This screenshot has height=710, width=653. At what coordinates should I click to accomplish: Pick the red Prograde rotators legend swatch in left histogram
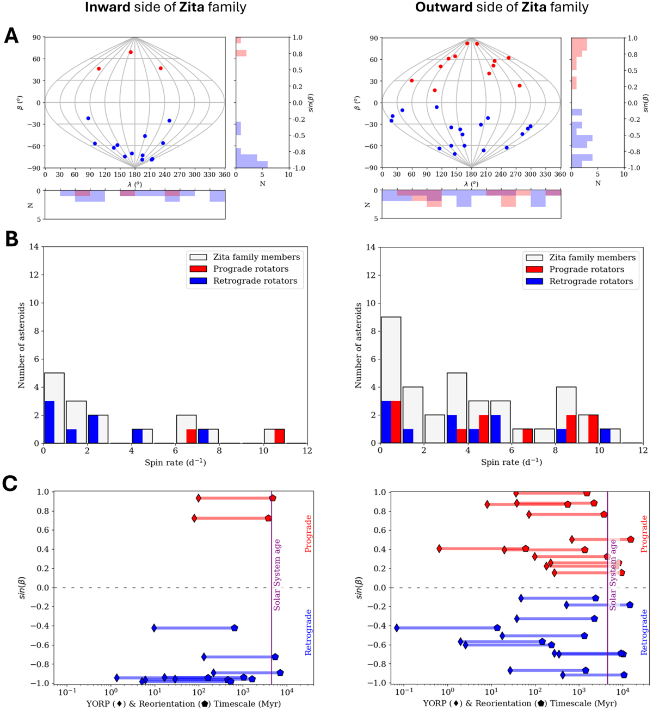197,269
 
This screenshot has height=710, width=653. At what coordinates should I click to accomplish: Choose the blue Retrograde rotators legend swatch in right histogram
533,281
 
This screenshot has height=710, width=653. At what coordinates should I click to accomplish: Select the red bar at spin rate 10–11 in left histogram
280,436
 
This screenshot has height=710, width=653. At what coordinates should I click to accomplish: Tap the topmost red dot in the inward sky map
131,52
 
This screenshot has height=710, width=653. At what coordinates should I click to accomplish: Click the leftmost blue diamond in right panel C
397,628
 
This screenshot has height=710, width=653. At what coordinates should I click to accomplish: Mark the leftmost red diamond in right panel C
439,549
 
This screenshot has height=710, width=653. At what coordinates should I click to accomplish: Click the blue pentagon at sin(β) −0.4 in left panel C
235,628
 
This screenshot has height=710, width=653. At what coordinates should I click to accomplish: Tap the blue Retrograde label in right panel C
645,632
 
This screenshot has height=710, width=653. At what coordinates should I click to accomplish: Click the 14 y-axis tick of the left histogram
36,247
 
